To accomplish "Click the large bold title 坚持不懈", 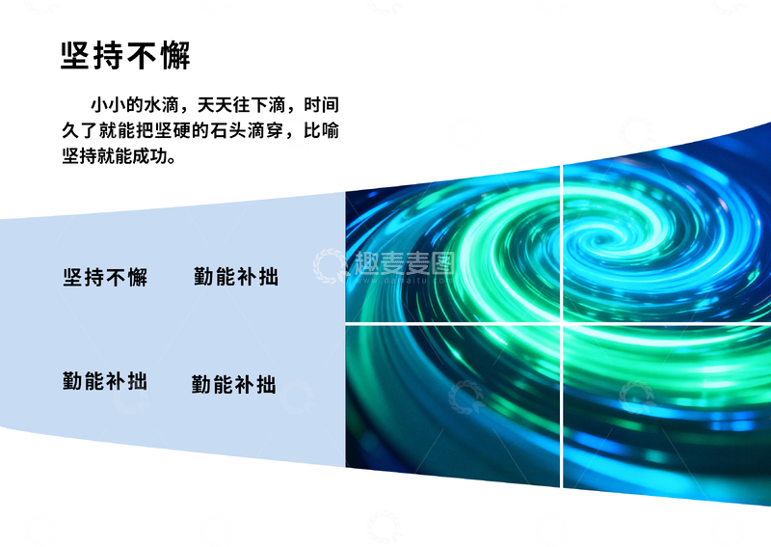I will (x=125, y=55).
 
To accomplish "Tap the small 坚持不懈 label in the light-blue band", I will (x=105, y=278).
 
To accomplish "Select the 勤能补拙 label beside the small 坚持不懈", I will (x=236, y=277).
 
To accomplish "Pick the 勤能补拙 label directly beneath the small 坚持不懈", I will (x=105, y=380).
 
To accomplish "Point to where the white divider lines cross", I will (x=562, y=323).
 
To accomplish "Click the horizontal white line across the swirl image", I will (x=453, y=323).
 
